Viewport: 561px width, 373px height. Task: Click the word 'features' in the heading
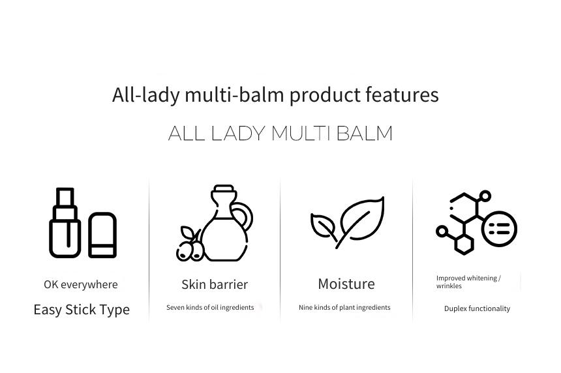click(402, 95)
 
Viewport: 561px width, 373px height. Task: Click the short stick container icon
click(102, 235)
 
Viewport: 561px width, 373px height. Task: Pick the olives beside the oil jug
click(190, 244)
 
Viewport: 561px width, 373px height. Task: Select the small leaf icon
click(324, 227)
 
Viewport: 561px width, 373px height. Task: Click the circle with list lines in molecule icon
click(500, 229)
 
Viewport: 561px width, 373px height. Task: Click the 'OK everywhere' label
click(81, 285)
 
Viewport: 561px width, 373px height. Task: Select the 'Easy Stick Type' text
click(82, 310)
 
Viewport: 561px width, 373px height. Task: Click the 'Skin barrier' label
click(215, 285)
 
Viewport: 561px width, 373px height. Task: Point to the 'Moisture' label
click(346, 284)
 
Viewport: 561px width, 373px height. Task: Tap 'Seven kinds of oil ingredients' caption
click(210, 308)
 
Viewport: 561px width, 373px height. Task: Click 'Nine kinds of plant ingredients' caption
click(344, 308)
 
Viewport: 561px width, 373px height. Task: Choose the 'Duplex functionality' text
click(478, 308)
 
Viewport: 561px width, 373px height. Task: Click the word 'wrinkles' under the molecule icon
click(449, 286)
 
